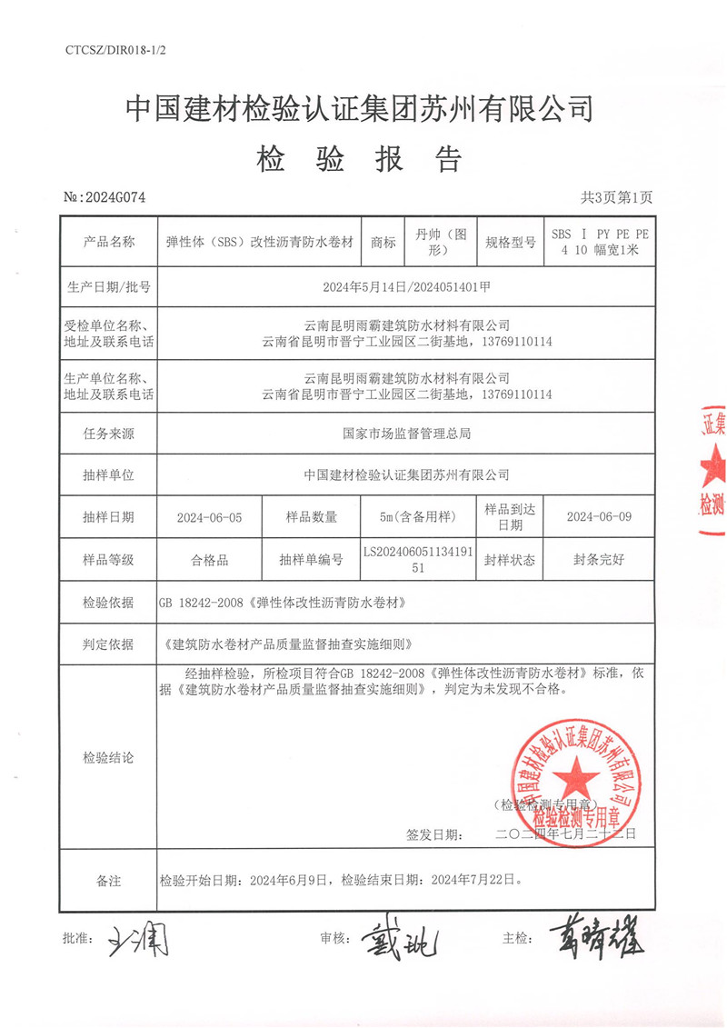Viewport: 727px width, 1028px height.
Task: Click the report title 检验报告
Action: tap(361, 160)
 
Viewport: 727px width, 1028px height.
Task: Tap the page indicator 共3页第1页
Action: tap(615, 197)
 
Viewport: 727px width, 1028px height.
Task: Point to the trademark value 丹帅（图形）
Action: tap(439, 242)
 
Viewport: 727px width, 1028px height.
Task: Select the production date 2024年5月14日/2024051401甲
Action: tap(407, 287)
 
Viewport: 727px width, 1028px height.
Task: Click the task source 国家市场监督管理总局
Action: tap(406, 434)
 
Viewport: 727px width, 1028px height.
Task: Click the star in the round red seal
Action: tap(571, 774)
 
